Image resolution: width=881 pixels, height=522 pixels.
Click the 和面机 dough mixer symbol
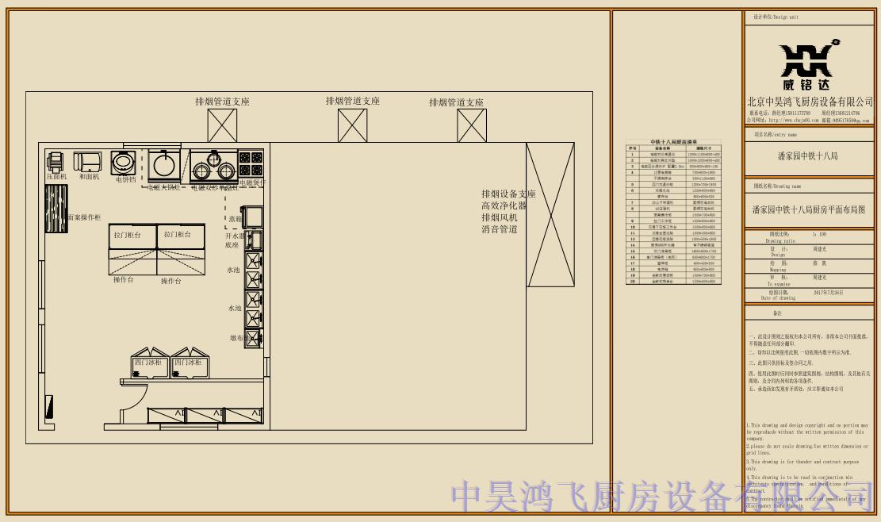tap(88, 162)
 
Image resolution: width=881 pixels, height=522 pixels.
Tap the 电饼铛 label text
tap(125, 180)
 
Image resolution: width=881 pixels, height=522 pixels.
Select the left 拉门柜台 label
tap(127, 236)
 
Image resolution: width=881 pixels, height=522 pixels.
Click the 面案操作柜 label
tap(83, 217)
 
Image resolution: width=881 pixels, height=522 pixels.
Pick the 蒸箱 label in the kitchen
tap(235, 219)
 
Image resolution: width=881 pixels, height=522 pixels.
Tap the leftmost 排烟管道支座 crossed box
tap(223, 125)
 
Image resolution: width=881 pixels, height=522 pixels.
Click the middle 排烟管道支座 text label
tap(353, 102)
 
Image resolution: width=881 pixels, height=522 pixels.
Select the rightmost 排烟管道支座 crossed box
tap(472, 125)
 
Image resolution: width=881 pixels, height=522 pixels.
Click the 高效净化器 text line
tap(504, 205)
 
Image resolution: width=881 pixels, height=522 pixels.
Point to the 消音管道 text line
tap(500, 229)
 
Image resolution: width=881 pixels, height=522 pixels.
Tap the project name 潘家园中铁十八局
tap(807, 156)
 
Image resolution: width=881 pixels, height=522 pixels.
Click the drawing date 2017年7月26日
tap(829, 293)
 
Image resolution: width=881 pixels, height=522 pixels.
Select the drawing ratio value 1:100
tap(819, 235)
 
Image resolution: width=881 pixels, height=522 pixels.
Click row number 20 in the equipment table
tap(633, 281)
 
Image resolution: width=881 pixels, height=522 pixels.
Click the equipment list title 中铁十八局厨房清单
tap(673, 141)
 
